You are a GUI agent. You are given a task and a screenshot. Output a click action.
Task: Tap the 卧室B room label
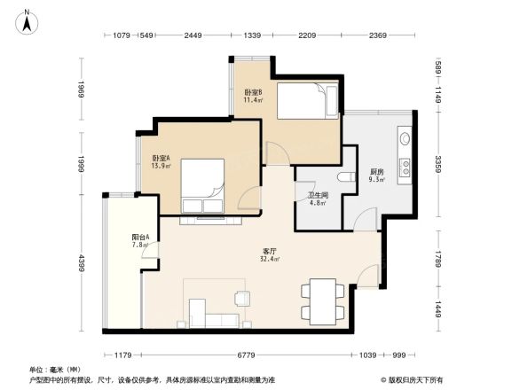(x=253, y=92)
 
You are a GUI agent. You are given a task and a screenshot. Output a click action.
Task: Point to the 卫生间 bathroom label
(x=318, y=195)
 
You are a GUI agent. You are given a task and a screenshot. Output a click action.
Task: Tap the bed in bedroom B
(x=307, y=100)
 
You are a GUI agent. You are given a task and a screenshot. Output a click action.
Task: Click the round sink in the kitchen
(x=404, y=137)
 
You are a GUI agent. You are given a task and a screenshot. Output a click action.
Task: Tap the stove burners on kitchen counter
(x=403, y=167)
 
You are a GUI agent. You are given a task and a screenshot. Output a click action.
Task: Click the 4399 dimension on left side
(x=80, y=264)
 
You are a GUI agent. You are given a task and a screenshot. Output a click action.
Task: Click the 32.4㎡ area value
(x=270, y=260)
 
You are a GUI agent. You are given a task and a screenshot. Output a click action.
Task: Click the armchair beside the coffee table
(x=240, y=298)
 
